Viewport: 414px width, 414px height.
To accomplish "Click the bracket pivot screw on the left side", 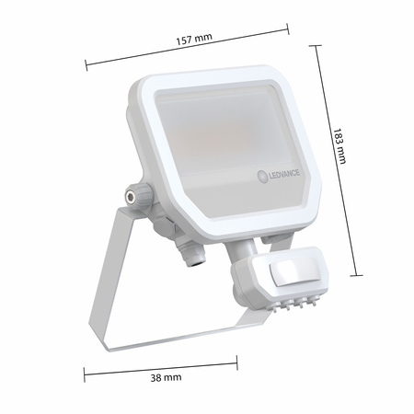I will [131, 196].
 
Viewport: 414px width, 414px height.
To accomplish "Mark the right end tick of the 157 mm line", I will [289, 30].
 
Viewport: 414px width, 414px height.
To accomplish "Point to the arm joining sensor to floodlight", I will [247, 247].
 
